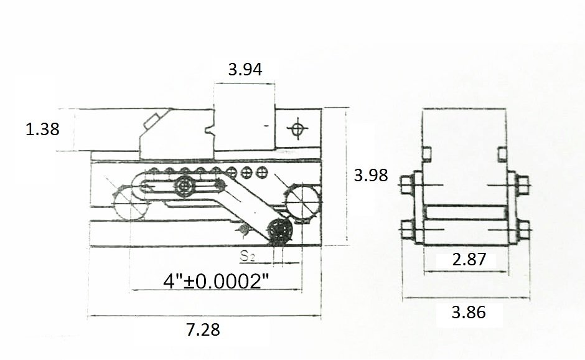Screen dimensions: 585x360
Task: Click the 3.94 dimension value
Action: point(245,70)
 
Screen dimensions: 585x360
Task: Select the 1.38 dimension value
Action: point(42,129)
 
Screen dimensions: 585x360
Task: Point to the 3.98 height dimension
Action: point(371,175)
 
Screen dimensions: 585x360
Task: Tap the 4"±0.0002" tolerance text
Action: point(216,281)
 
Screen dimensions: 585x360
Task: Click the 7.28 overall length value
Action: point(203,329)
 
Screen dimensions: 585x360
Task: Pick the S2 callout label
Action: point(247,256)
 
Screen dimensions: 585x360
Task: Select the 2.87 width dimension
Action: point(469,260)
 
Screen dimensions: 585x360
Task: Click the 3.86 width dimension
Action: point(469,312)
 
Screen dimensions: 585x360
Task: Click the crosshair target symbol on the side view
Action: point(297,129)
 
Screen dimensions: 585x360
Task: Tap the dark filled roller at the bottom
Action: point(280,232)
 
